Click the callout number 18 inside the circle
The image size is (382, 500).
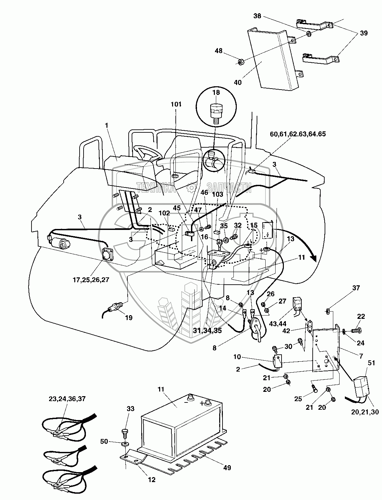[216, 93]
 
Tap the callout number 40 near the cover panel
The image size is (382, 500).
[237, 82]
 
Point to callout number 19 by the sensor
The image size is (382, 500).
[129, 318]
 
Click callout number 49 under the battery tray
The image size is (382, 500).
[227, 468]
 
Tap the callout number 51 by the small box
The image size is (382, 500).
[371, 363]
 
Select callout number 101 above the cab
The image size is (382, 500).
[176, 104]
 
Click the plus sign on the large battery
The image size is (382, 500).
[202, 403]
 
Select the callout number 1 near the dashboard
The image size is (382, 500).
[106, 125]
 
